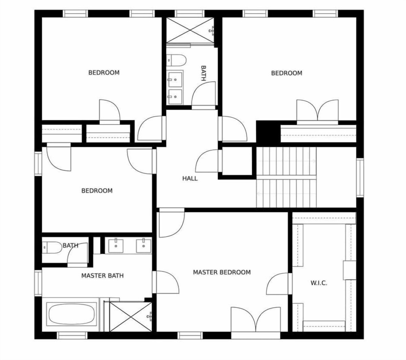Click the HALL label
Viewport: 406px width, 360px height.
190,178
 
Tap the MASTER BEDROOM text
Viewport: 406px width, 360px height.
222,272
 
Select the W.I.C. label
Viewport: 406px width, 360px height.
319,283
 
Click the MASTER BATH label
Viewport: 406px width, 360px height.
103,276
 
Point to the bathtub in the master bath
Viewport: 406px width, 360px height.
71,314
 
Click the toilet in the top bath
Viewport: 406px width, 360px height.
176,60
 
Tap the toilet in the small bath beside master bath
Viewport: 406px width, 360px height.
52,247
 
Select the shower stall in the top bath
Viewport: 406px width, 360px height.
190,30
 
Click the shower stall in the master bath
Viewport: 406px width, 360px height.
131,316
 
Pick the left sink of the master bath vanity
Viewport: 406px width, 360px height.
116,246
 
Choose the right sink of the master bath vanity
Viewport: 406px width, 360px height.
144,246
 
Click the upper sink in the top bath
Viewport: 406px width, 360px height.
175,79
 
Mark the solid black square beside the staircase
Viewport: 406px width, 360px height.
268,131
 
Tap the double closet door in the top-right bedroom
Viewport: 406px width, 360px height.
317,111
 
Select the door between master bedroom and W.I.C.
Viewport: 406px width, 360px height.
279,284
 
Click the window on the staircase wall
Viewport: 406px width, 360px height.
360,177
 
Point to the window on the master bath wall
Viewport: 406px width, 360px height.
38,283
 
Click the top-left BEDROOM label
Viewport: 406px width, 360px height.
104,72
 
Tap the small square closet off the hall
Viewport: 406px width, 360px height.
237,161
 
